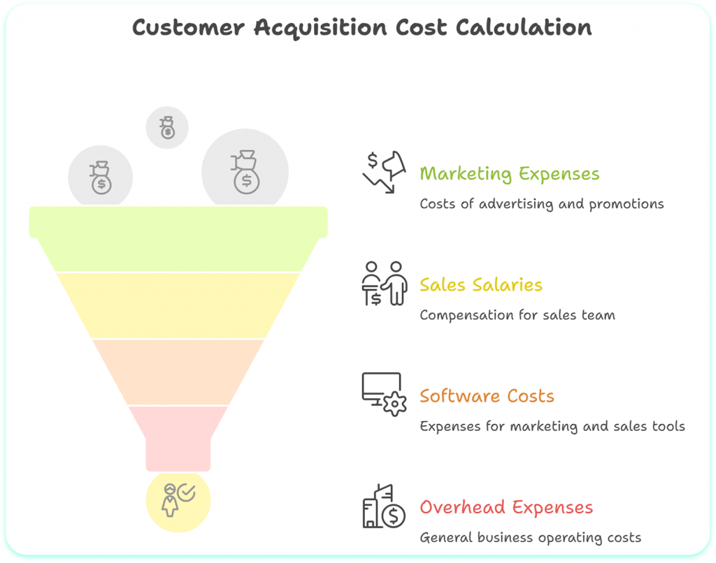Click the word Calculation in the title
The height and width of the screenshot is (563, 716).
pyautogui.click(x=524, y=28)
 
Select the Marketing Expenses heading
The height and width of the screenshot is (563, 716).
pyautogui.click(x=509, y=173)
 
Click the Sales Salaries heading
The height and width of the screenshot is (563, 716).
pyautogui.click(x=480, y=285)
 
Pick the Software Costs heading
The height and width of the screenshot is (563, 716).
pyautogui.click(x=487, y=396)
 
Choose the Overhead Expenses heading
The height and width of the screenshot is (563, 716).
pyautogui.click(x=506, y=507)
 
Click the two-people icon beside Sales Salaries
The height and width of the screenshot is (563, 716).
pyautogui.click(x=384, y=283)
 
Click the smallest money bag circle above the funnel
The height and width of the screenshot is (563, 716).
pyautogui.click(x=167, y=128)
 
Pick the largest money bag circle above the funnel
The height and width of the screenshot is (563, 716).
pyautogui.click(x=245, y=172)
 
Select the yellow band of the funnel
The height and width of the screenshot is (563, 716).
pyautogui.click(x=178, y=305)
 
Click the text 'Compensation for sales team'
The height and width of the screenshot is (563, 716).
pyautogui.click(x=517, y=315)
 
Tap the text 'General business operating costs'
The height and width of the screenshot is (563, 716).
pyautogui.click(x=530, y=538)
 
